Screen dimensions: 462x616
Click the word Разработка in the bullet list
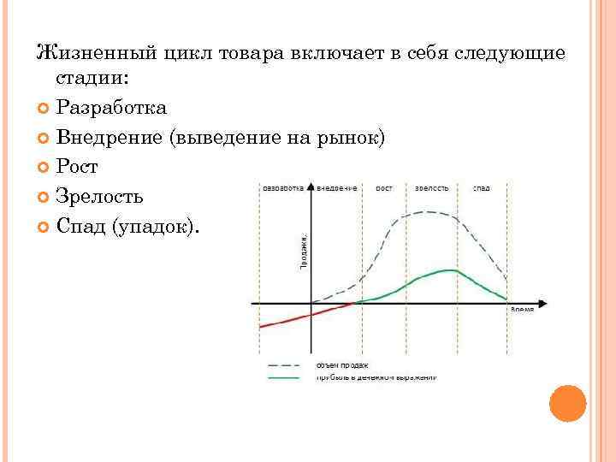tap(111, 107)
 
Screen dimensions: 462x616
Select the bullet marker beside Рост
tap(44, 167)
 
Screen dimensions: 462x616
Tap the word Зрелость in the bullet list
tap(99, 197)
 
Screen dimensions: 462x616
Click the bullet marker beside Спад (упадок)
tap(44, 227)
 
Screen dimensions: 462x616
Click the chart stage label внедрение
tap(336, 187)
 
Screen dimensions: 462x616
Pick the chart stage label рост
tap(384, 187)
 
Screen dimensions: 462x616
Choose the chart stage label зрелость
tap(432, 187)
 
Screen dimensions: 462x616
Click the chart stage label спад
tap(482, 187)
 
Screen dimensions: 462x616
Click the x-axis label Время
tap(522, 309)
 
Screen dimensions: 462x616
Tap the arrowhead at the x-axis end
tap(542, 303)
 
